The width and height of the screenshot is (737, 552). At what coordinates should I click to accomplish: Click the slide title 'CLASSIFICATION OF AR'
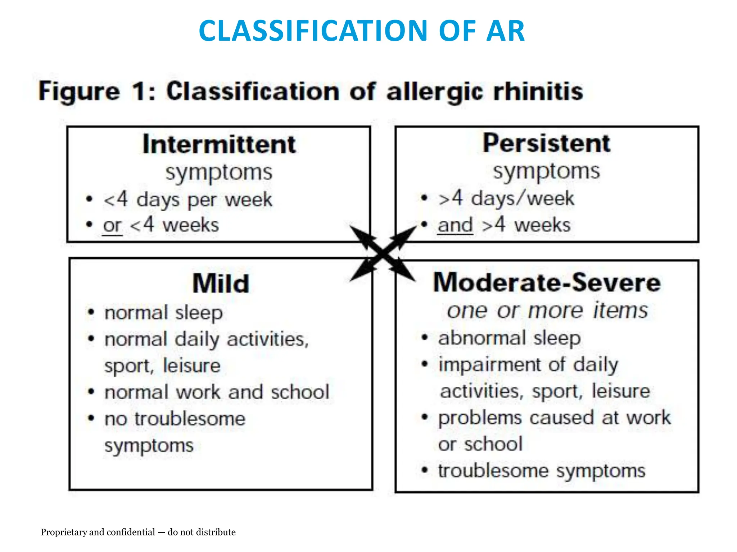(362, 31)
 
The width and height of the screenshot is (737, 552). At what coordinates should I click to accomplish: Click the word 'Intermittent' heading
(219, 144)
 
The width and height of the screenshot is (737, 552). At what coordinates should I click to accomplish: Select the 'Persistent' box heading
(546, 143)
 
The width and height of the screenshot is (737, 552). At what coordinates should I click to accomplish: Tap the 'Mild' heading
(221, 284)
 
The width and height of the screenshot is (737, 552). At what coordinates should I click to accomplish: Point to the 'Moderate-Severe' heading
(547, 282)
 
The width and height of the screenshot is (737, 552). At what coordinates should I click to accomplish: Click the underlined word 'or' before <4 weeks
(112, 226)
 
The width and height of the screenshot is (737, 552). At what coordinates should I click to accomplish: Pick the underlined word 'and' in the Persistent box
(455, 225)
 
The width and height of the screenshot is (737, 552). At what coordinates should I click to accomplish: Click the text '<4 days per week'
(187, 200)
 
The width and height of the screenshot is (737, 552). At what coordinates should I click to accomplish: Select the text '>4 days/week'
(506, 198)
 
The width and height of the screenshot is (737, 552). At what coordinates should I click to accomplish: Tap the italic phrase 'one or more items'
(547, 310)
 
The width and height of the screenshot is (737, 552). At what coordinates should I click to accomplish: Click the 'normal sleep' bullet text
(163, 313)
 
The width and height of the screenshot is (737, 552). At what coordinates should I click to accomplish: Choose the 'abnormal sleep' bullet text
(509, 338)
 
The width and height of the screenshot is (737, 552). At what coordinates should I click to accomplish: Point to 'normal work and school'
(217, 392)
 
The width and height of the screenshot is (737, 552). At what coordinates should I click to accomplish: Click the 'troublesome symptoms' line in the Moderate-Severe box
(542, 471)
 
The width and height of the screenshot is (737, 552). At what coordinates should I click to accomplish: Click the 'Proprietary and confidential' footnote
(138, 532)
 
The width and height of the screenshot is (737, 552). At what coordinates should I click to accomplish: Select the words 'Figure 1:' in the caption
(96, 91)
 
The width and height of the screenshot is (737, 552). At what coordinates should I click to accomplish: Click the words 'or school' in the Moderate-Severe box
(480, 444)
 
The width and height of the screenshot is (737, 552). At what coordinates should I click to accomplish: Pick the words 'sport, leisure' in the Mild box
(162, 366)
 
